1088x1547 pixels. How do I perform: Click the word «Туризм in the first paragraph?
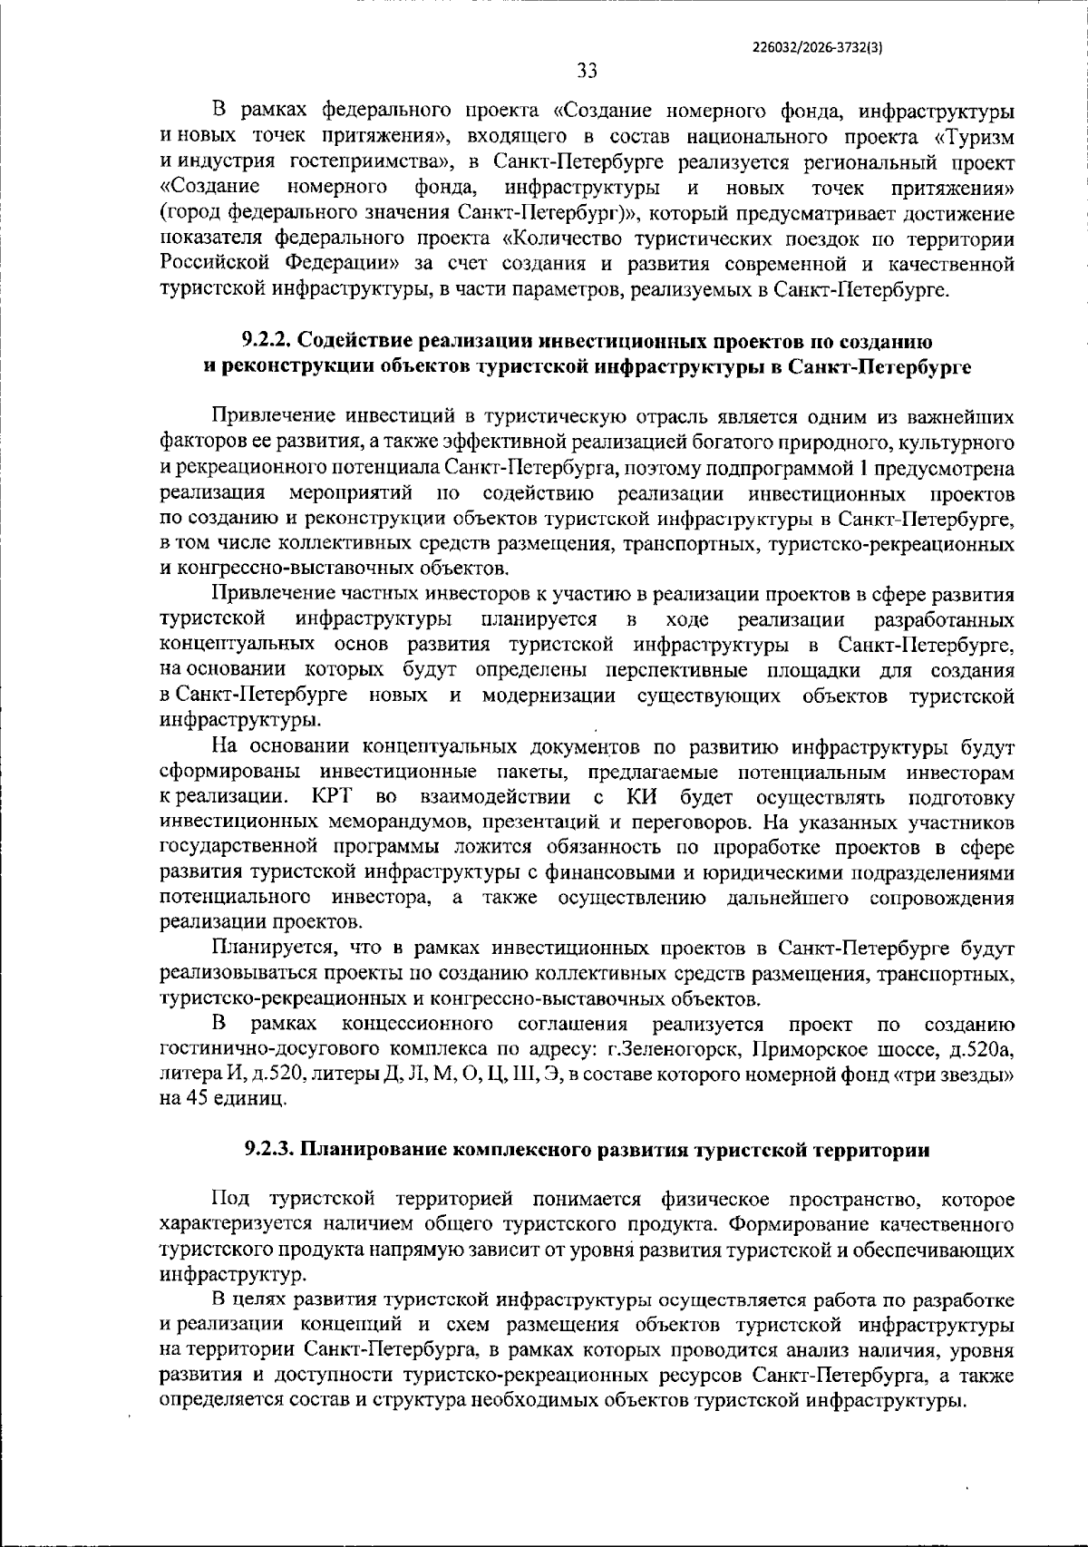[973, 137]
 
